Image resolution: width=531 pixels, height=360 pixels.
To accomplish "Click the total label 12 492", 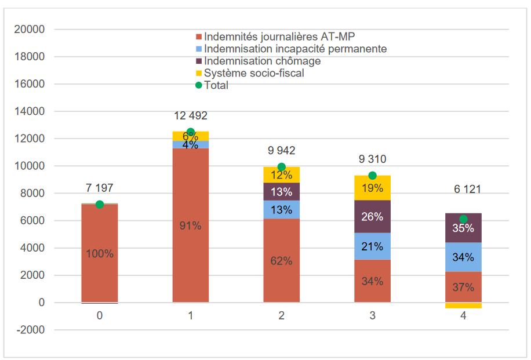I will coord(190,117).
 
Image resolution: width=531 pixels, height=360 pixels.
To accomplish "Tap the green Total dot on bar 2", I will coord(282,167).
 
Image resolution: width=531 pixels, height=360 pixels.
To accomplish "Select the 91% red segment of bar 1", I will coord(190,226).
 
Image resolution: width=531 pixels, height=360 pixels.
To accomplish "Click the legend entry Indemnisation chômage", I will coord(262,61).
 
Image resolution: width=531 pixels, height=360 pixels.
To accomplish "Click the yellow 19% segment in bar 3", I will coord(372,188).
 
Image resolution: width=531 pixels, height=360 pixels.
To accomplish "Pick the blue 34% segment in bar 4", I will coord(463,257).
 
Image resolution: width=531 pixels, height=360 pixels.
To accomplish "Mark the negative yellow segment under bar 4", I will coord(463,306).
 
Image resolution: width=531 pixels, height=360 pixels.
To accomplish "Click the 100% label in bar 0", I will coord(100,253).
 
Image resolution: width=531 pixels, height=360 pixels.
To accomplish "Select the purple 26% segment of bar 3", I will coord(372,216).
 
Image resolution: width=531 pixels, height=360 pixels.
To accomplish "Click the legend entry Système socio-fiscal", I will coord(254,73).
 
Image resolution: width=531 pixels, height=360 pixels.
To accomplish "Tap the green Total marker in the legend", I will coord(199,85).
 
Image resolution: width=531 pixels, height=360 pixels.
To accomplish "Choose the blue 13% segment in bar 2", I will coord(282,209).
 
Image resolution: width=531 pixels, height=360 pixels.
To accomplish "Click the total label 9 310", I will coord(372,159).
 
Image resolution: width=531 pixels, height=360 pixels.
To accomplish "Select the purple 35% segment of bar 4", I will coord(463,228).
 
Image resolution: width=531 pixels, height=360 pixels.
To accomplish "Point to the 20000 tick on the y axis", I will coord(32,30).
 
